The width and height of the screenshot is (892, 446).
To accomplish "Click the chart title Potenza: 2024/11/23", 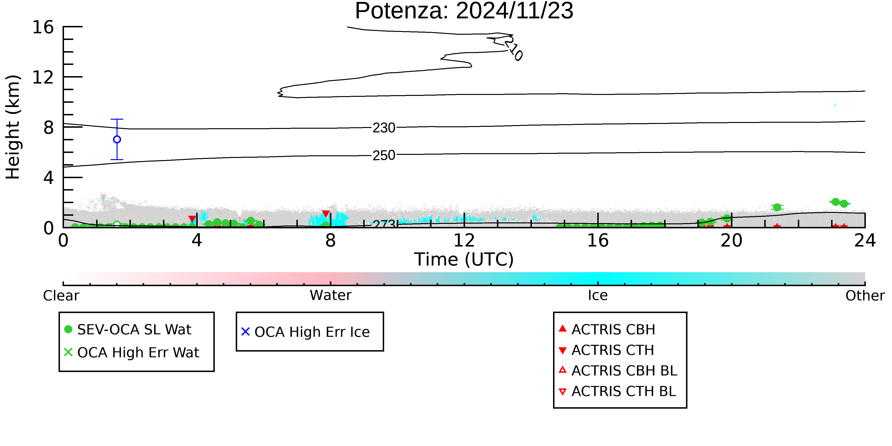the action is pyautogui.click(x=464, y=11).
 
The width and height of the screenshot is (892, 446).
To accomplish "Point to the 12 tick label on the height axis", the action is pyautogui.click(x=43, y=77).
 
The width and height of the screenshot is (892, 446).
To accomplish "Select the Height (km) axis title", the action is pyautogui.click(x=13, y=127).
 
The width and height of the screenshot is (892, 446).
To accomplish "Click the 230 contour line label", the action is pyautogui.click(x=384, y=128).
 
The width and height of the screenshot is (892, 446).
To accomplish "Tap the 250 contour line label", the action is pyautogui.click(x=384, y=155).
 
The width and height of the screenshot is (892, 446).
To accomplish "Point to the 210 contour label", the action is pyautogui.click(x=513, y=49).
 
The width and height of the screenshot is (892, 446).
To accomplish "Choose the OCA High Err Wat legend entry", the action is pyautogui.click(x=132, y=353).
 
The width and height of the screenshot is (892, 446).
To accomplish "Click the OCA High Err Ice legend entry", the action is pyautogui.click(x=305, y=332).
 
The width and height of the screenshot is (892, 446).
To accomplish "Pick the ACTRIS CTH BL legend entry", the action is pyautogui.click(x=618, y=391).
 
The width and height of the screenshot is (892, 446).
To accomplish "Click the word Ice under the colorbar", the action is pyautogui.click(x=598, y=295).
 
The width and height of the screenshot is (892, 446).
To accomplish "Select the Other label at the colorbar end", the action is pyautogui.click(x=865, y=296).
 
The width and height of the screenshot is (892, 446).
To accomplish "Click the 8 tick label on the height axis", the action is pyautogui.click(x=49, y=128).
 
